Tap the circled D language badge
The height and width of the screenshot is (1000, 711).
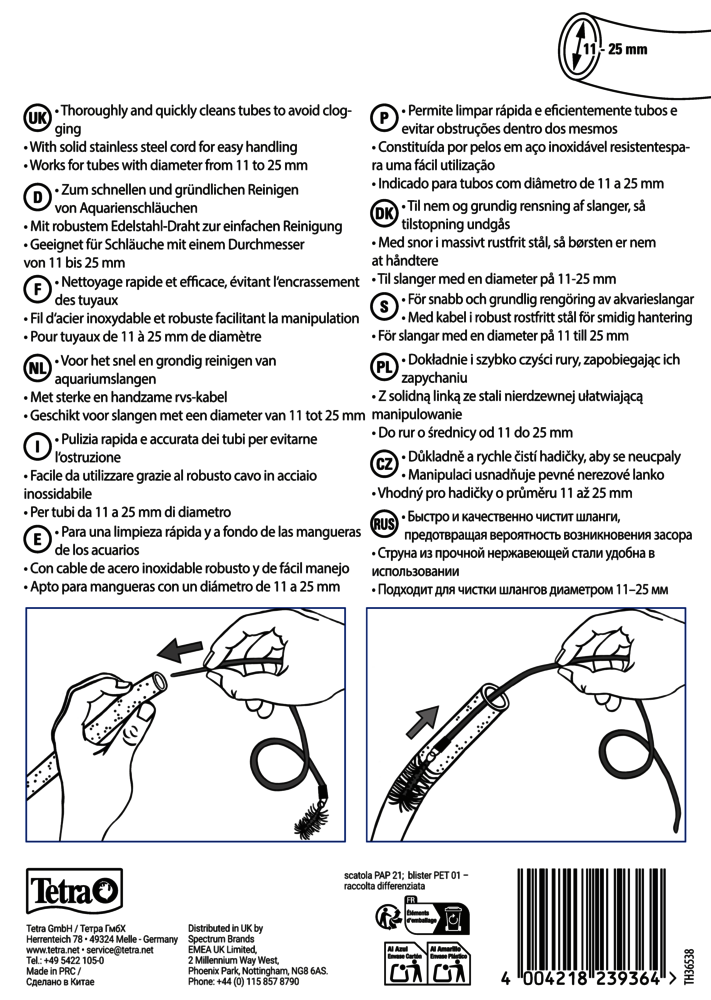pyautogui.click(x=36, y=195)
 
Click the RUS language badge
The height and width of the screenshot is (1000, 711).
pyautogui.click(x=383, y=523)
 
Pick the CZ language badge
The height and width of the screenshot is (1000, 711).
pyautogui.click(x=383, y=462)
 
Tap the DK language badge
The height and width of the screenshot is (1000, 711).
pyautogui.click(x=383, y=214)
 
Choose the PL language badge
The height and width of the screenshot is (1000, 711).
pyautogui.click(x=383, y=367)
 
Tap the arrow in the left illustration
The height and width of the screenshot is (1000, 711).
pyautogui.click(x=188, y=652)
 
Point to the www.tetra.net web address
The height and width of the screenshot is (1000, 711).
pyautogui.click(x=47, y=950)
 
